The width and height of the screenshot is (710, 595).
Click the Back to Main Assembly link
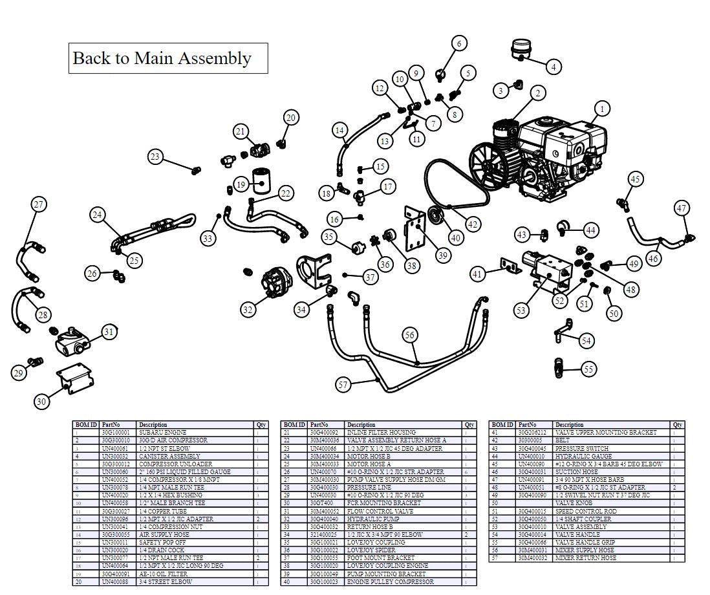tap(162, 58)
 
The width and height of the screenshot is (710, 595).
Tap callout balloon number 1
tap(602, 109)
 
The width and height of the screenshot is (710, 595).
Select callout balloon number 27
tap(39, 204)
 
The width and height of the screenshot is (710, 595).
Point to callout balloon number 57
tap(343, 385)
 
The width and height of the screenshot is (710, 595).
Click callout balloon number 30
tap(41, 402)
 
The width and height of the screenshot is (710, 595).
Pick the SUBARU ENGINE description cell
tap(163, 432)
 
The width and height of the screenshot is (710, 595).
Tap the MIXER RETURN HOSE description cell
tap(585, 557)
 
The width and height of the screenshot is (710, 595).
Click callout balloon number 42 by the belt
tap(473, 224)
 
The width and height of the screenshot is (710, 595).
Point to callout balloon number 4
tap(553, 66)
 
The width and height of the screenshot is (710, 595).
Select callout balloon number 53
tap(521, 311)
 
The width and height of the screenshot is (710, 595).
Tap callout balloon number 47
tap(682, 208)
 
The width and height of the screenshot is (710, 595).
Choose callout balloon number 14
tap(340, 130)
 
